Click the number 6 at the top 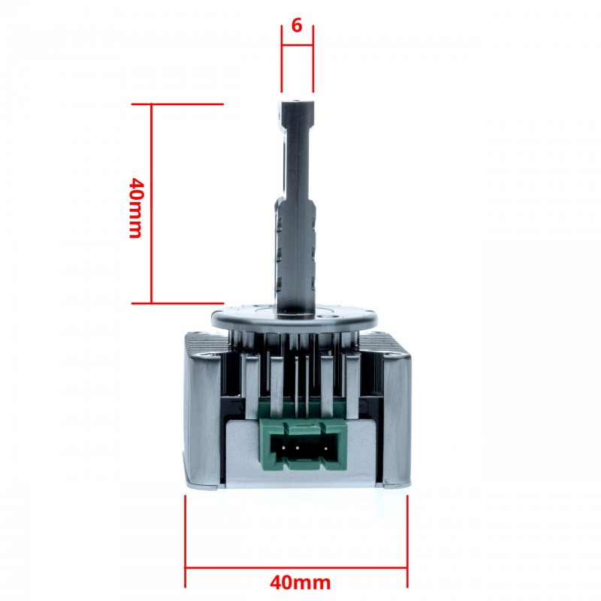coord(297,26)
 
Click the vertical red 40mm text coord(135,207)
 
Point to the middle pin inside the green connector coord(298,451)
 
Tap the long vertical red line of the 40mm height coord(152,203)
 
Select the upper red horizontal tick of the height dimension coord(177,104)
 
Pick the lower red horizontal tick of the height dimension coord(177,304)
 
